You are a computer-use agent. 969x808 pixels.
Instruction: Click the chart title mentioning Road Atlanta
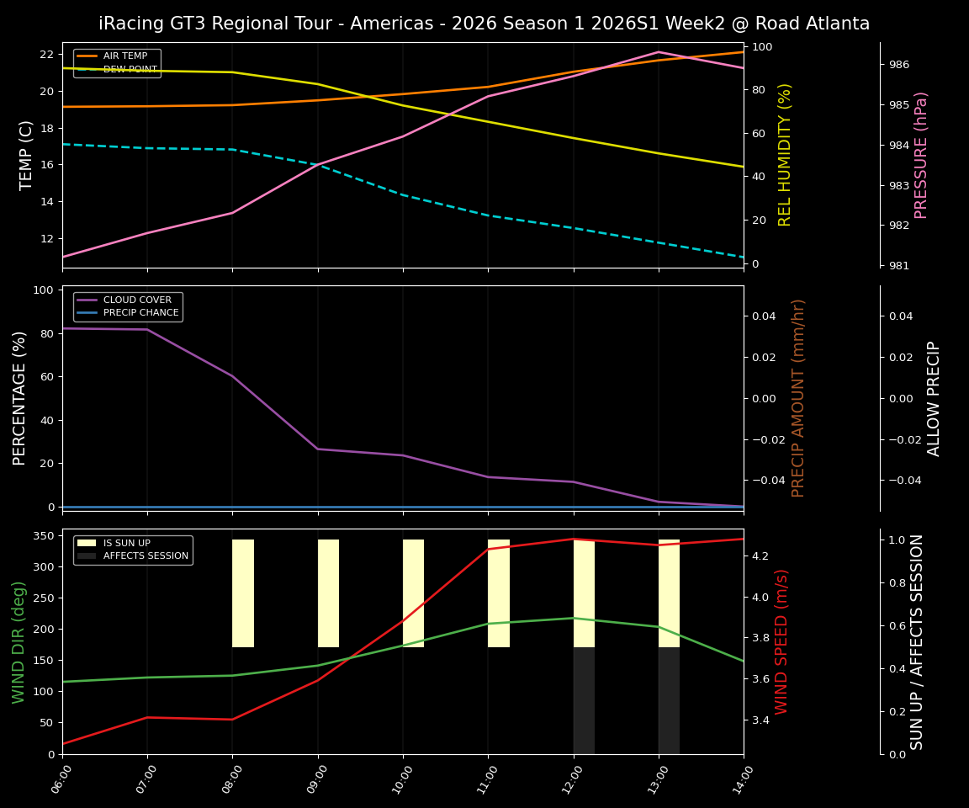(x=484, y=24)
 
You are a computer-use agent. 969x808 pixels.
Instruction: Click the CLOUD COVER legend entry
(x=137, y=300)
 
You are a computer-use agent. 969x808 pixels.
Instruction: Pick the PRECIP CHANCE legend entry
(x=140, y=313)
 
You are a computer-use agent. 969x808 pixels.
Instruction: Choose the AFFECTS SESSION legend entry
(x=146, y=556)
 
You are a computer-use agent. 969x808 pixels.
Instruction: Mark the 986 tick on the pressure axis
(x=898, y=65)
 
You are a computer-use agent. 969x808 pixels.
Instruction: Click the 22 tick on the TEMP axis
(x=46, y=54)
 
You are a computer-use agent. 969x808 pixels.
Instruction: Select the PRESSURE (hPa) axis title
(x=922, y=155)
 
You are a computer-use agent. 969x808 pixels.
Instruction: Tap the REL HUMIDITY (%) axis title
(x=785, y=155)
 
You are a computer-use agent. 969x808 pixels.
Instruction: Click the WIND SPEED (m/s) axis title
(x=782, y=641)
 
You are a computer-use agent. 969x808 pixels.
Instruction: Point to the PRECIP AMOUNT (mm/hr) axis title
(x=798, y=398)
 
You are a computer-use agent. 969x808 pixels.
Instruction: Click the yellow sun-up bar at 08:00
(x=243, y=593)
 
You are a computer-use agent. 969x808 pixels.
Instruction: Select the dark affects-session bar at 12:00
(x=584, y=700)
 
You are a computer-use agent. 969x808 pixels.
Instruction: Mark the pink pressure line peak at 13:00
(x=659, y=52)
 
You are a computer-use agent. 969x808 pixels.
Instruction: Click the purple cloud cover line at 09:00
(x=318, y=449)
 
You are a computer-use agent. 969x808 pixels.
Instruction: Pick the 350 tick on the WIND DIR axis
(x=45, y=535)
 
